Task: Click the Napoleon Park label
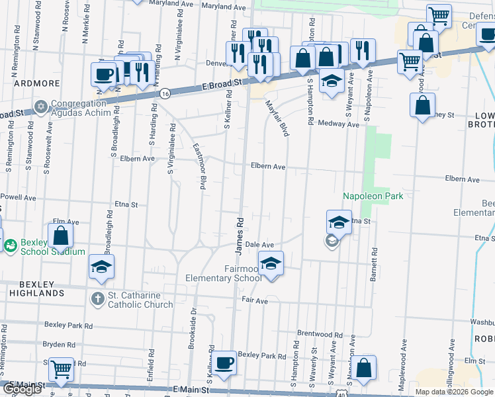[373, 196]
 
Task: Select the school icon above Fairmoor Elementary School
[270, 264]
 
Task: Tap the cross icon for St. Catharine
[97, 299]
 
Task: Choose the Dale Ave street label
[259, 245]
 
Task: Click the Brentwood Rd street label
[320, 334]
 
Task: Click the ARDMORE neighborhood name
[37, 84]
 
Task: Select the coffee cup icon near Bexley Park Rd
[225, 363]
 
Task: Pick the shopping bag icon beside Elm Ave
[60, 236]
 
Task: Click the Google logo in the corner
[22, 389]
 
